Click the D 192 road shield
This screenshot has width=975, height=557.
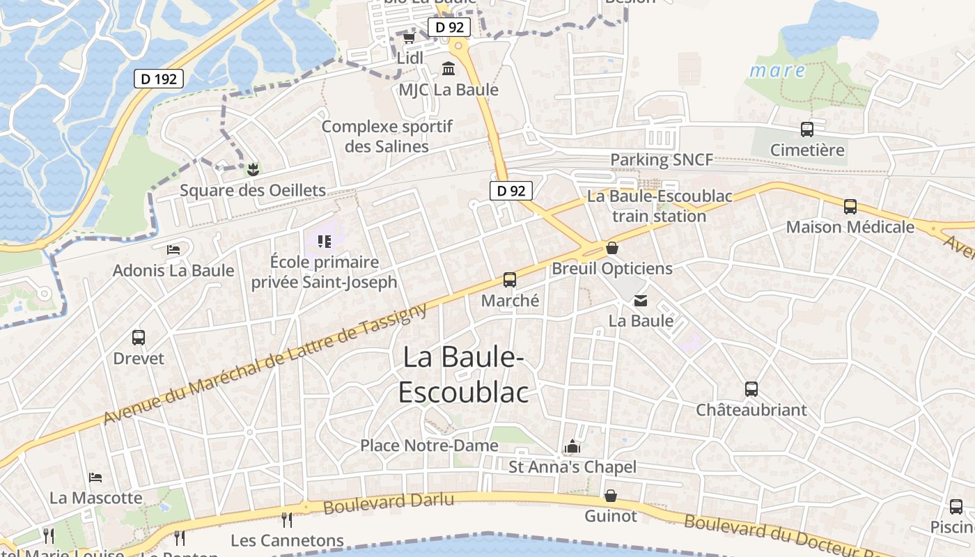159,79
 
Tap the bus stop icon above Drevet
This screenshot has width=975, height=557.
139,338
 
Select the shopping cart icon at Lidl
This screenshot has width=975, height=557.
409,38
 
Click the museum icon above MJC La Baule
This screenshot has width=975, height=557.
448,69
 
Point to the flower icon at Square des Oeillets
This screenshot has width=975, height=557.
252,168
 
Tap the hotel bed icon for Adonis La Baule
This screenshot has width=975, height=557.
173,249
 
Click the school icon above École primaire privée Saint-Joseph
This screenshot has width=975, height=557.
324,242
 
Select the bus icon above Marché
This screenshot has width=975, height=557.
510,280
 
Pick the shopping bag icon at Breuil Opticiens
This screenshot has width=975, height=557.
611,247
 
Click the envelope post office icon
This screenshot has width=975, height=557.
640,301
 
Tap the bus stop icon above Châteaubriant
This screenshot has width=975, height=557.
751,389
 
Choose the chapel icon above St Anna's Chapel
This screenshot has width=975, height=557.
572,446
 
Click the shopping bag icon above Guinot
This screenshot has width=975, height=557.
611,496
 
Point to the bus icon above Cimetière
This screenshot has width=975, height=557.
807,130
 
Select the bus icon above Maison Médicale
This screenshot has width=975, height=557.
850,207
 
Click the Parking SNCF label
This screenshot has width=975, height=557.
662,160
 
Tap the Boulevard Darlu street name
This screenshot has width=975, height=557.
389,503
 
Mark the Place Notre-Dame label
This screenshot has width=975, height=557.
429,446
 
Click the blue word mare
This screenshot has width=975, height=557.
777,71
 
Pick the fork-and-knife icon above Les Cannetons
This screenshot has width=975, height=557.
286,519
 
